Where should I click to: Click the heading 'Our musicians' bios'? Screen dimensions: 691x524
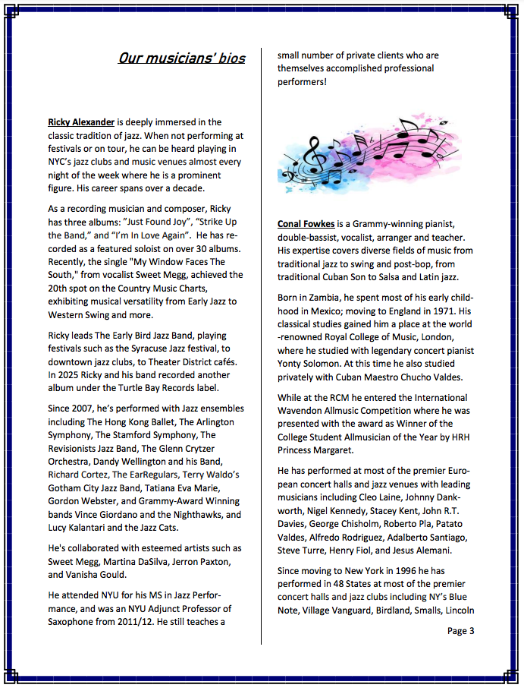(x=182, y=58)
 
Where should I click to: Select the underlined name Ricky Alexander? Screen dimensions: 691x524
(x=81, y=121)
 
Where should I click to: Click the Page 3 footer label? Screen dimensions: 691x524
(x=460, y=630)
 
